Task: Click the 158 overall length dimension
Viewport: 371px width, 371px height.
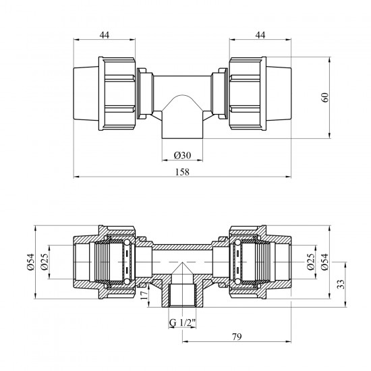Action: (182, 172)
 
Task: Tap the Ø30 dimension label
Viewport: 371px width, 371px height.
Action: (182, 155)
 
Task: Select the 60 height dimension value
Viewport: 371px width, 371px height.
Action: (326, 98)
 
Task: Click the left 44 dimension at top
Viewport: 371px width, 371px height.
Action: (105, 35)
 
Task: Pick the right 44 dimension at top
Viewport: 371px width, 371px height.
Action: (260, 35)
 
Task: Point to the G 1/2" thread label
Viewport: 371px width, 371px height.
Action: (182, 322)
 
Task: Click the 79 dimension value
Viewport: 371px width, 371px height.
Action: (237, 337)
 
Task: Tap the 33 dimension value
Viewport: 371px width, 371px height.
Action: (341, 285)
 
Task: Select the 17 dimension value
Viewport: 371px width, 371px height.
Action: (144, 295)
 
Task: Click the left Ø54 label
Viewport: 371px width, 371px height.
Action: (31, 262)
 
